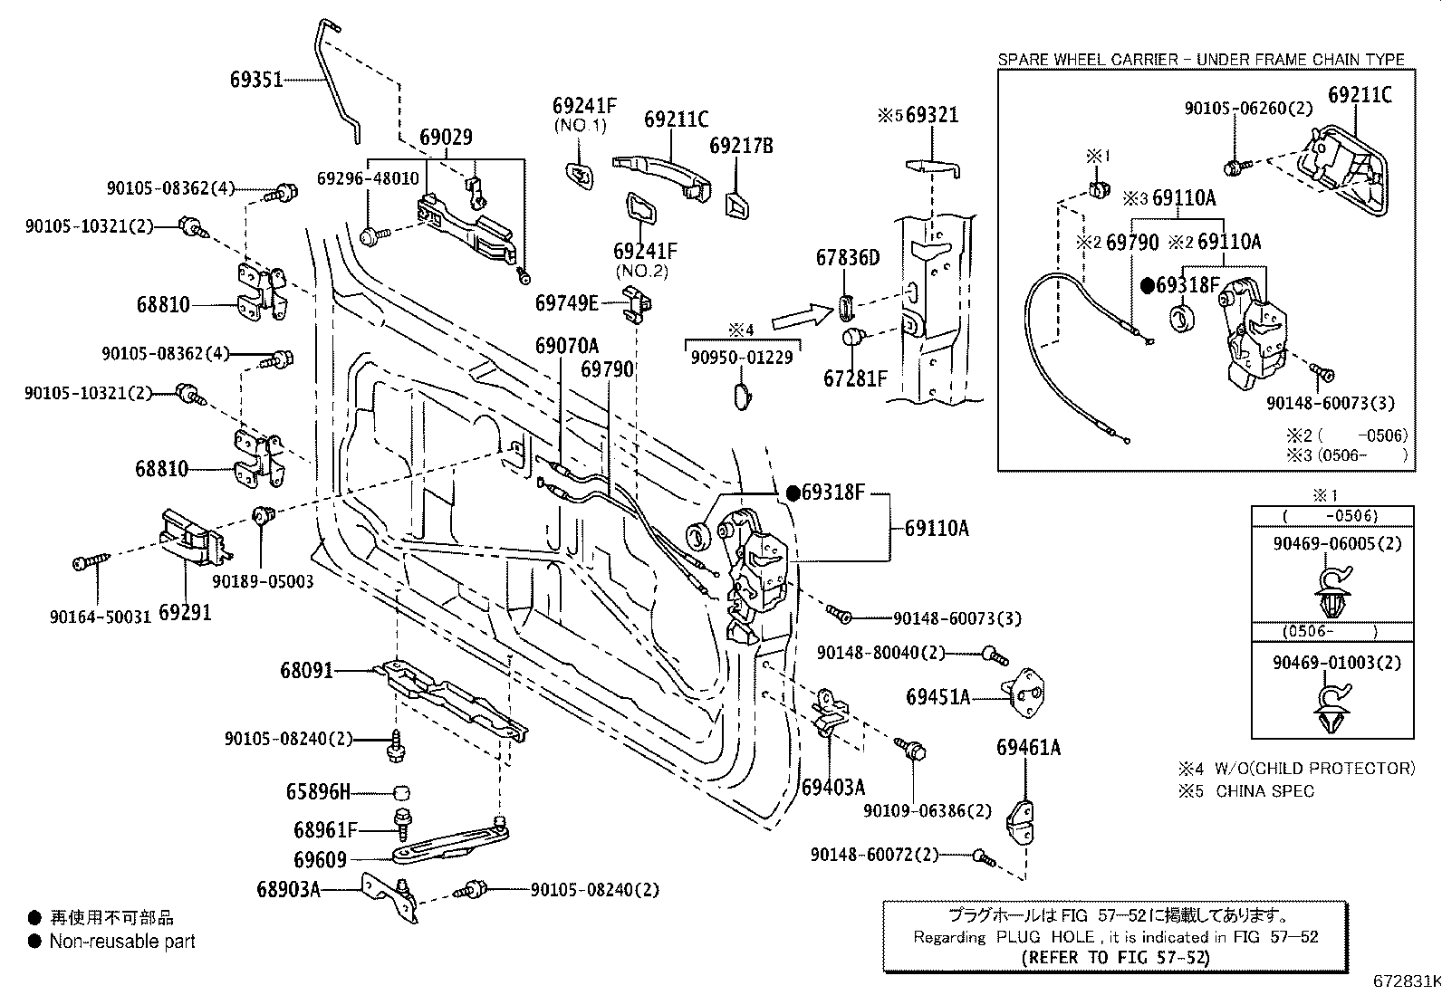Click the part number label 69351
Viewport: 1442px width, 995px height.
(x=256, y=80)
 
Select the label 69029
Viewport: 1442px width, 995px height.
(x=447, y=137)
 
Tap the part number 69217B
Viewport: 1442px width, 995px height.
(x=741, y=146)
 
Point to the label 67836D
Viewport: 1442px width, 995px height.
(x=847, y=257)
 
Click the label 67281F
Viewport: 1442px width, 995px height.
(x=855, y=378)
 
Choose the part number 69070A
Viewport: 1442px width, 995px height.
(x=566, y=346)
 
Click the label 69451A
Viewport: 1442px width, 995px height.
(x=938, y=697)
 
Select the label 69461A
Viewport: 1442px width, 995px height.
(x=1028, y=747)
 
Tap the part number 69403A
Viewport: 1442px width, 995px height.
(x=833, y=787)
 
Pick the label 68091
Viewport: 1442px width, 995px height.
(x=306, y=671)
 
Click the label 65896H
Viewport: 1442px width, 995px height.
(x=318, y=791)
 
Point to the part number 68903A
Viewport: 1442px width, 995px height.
(x=288, y=889)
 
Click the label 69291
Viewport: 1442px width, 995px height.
(x=186, y=613)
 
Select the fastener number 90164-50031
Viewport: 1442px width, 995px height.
(x=101, y=617)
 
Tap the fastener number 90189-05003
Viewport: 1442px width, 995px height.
(x=263, y=581)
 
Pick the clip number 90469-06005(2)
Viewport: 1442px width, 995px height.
(x=1337, y=544)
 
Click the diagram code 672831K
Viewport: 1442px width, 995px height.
(x=1408, y=981)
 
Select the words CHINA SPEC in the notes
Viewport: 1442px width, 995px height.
(x=1264, y=791)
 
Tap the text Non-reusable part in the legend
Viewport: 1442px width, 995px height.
(x=122, y=941)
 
